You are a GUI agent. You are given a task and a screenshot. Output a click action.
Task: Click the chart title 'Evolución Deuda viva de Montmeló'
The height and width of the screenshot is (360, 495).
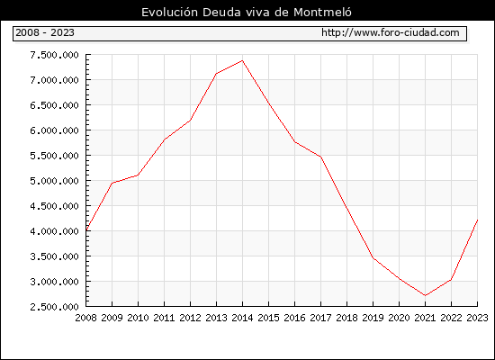pos(247,13)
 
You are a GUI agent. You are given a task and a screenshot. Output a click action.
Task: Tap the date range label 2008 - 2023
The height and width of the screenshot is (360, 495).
pos(45,32)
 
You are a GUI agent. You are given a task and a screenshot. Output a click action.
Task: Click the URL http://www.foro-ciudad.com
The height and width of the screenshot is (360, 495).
pos(391,32)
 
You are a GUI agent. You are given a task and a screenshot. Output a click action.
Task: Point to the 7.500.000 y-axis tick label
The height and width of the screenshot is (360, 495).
pos(54,55)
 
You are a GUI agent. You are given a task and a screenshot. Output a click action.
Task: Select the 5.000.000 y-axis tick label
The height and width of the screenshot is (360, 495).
pos(54,181)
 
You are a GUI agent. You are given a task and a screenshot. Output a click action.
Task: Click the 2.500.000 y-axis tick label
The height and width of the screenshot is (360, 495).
pos(54,307)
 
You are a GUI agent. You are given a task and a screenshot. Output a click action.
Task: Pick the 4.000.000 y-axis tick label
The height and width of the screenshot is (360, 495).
pos(54,231)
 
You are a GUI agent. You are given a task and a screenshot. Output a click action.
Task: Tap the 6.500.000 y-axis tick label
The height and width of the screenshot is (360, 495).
pos(54,105)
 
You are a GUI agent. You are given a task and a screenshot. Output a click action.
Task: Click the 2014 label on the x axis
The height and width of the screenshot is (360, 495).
pos(242,318)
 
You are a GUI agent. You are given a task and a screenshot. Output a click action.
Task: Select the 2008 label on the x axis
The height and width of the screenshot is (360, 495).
pos(85,318)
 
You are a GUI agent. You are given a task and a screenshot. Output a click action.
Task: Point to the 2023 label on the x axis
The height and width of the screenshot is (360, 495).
pos(477,318)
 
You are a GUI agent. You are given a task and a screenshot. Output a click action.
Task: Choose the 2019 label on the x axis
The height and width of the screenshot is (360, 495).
pos(373,318)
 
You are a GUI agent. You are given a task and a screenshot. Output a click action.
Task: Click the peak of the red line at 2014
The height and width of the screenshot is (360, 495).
pos(242,60)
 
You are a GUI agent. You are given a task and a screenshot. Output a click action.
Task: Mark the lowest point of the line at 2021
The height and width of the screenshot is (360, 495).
pos(425,295)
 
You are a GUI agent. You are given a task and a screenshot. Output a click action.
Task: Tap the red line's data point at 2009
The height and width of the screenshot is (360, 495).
pos(112,183)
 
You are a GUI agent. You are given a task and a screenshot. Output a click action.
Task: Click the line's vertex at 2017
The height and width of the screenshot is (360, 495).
pos(320,157)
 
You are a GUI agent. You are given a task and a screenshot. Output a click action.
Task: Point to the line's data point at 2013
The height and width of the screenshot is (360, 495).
pos(216,74)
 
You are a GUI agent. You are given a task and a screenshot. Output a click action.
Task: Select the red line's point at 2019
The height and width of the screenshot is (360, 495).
pos(373,257)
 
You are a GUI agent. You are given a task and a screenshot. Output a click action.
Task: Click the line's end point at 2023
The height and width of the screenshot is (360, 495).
pos(477,220)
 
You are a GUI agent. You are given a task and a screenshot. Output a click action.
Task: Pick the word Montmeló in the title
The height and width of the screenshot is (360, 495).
pos(322,13)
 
